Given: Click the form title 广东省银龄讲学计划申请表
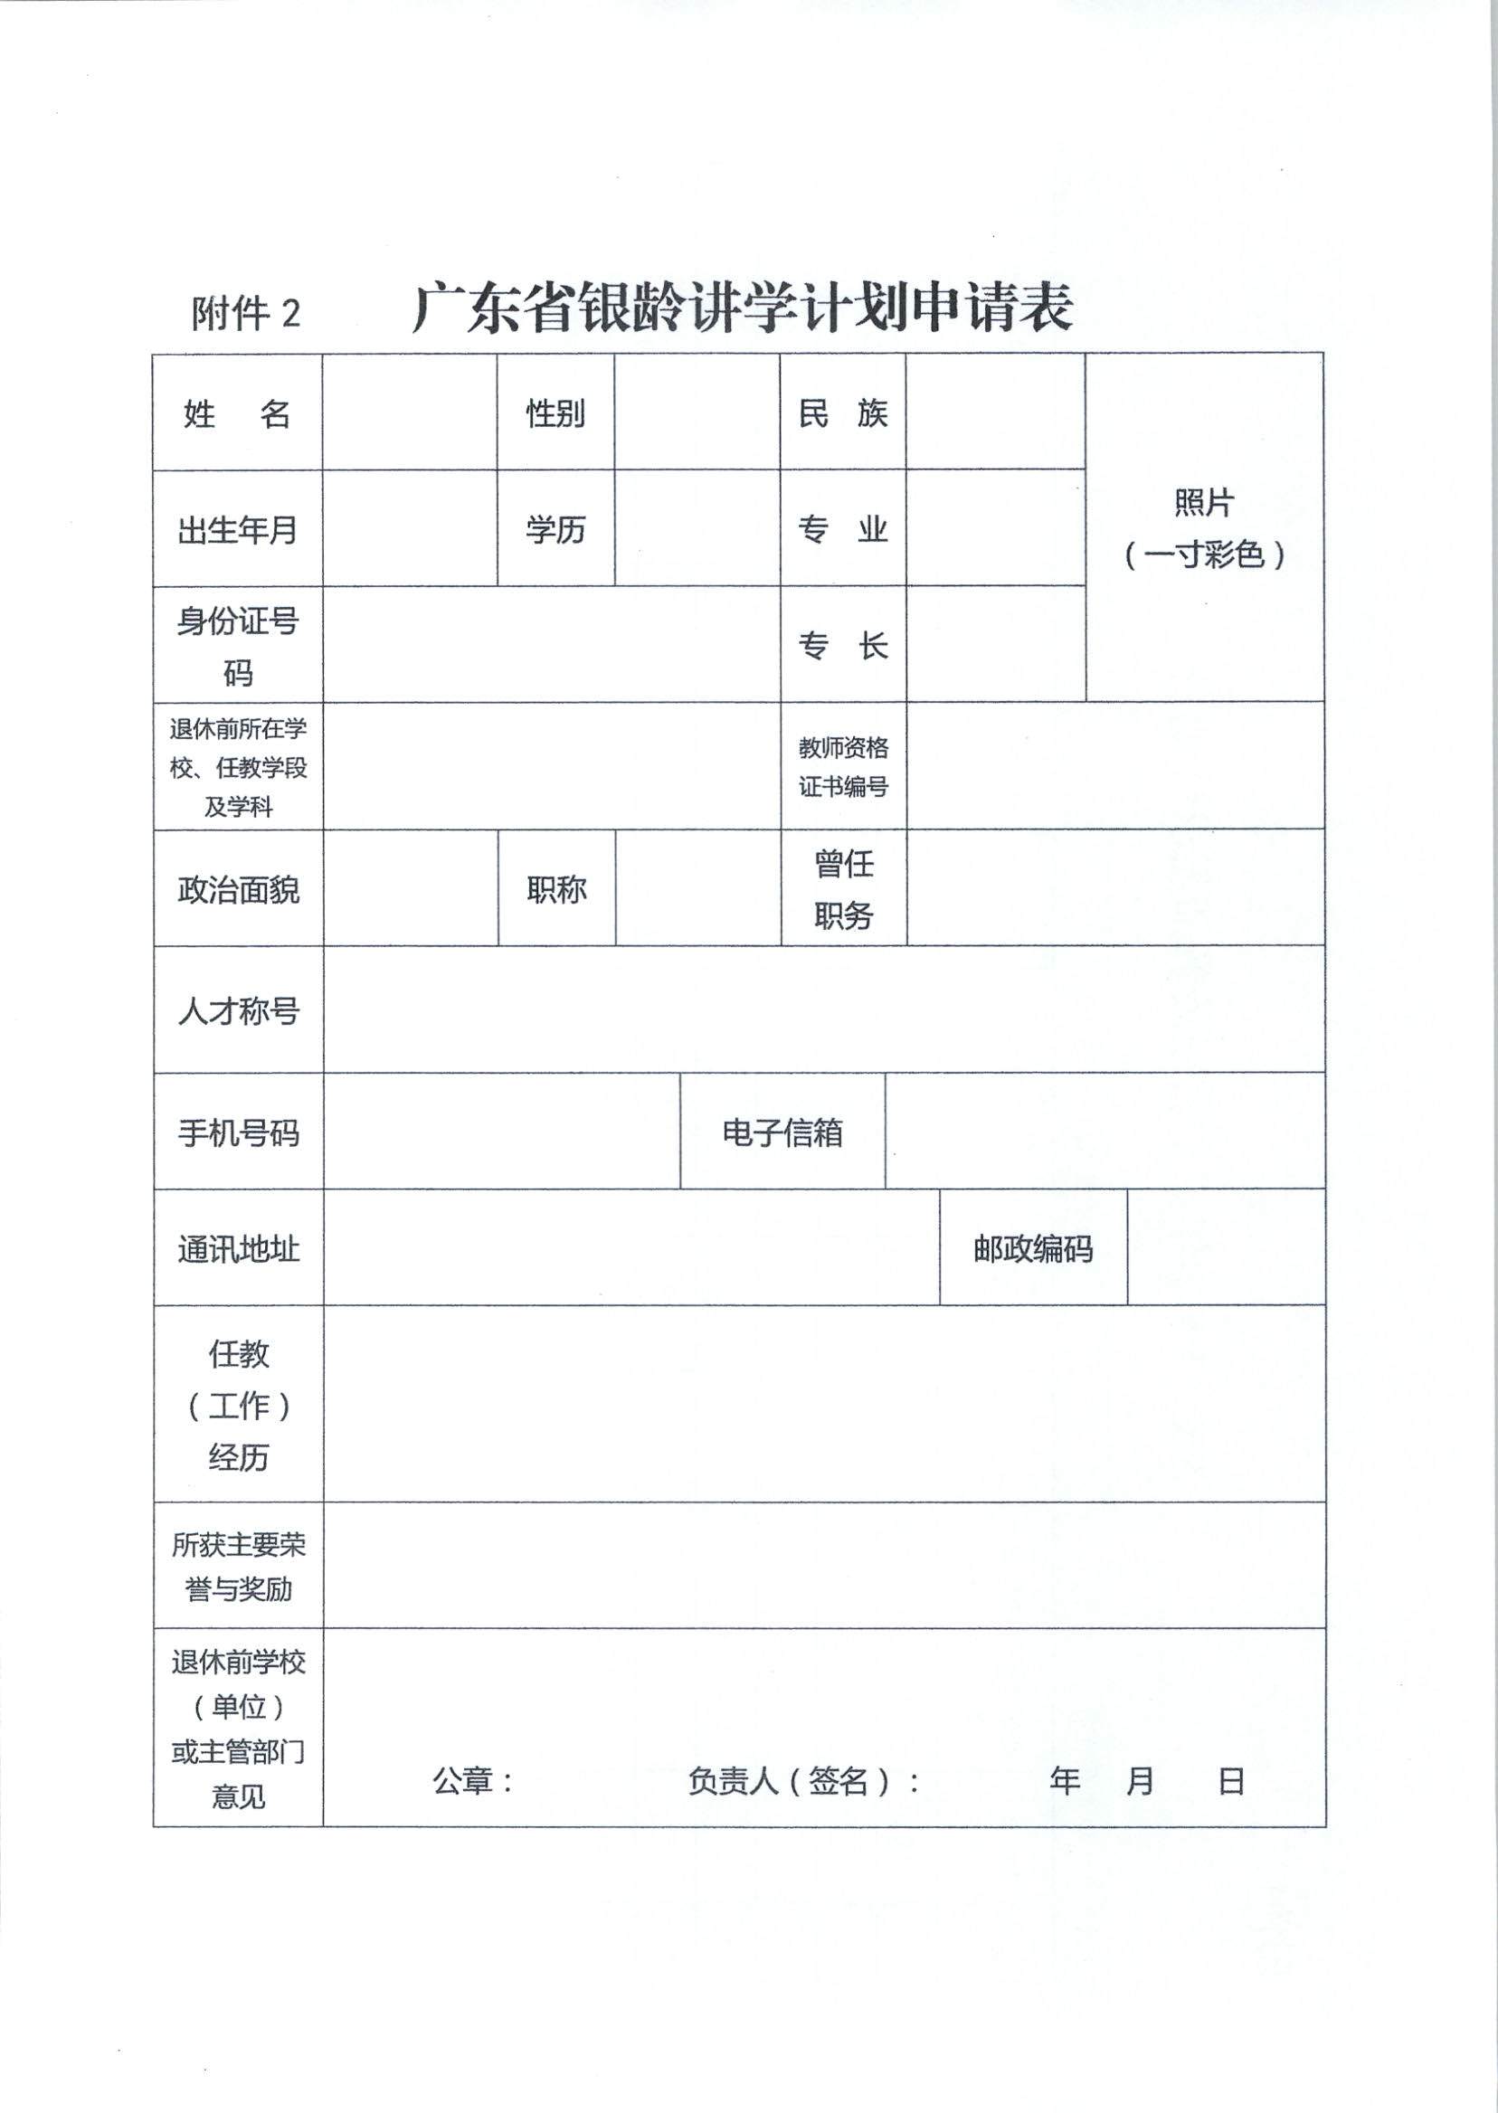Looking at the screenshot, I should (743, 308).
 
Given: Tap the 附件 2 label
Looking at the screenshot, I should (245, 314).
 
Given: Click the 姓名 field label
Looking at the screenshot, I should (237, 414).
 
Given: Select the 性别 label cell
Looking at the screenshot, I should (555, 414).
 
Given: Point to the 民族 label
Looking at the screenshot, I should (842, 414).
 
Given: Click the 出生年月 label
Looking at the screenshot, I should (237, 530).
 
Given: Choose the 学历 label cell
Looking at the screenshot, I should (555, 530).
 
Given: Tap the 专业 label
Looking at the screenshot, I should (842, 530).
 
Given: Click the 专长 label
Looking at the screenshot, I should (842, 646).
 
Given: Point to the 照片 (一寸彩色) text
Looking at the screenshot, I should (1204, 528).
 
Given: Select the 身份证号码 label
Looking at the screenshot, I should (237, 647).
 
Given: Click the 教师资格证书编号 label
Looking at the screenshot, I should (843, 767).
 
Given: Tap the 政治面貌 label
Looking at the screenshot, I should (238, 890).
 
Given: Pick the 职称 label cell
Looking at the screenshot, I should (556, 890).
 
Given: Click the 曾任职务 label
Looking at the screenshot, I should (843, 890).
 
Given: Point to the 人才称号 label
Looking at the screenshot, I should (238, 1012).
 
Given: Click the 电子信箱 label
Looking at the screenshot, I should (782, 1132).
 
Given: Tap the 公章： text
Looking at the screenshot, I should (472, 1781).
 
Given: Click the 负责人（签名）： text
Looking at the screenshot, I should (803, 1781).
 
